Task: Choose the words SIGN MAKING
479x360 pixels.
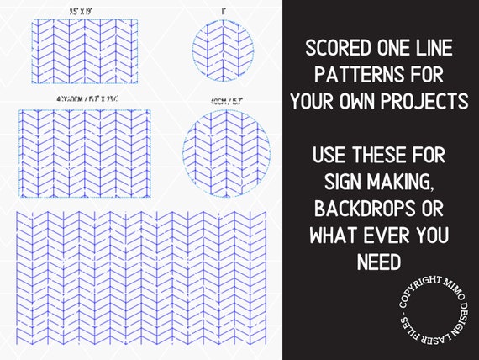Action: click(x=378, y=182)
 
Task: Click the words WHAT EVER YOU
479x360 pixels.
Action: click(x=378, y=236)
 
